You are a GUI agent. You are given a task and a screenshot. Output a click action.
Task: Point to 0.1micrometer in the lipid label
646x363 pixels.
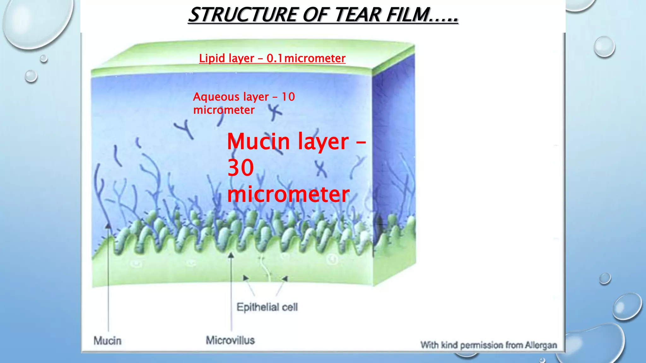pyautogui.click(x=306, y=58)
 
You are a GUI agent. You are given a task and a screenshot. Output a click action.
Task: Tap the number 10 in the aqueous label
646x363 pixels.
pyautogui.click(x=288, y=97)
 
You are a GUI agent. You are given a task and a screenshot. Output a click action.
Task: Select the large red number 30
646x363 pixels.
pyautogui.click(x=241, y=168)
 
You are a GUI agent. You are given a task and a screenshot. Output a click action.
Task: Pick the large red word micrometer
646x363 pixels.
pyautogui.click(x=288, y=194)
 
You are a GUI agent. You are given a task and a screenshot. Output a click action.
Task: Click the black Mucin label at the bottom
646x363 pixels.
pyautogui.click(x=107, y=341)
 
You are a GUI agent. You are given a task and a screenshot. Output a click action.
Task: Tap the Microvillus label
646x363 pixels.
pyautogui.click(x=230, y=340)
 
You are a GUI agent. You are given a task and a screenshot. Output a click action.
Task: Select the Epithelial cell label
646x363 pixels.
pyautogui.click(x=267, y=307)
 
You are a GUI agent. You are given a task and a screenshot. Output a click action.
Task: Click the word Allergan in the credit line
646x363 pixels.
pyautogui.click(x=541, y=345)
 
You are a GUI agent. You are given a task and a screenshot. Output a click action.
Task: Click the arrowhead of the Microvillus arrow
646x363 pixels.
pyautogui.click(x=231, y=255)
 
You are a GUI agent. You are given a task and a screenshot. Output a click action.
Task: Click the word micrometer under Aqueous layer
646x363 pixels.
pyautogui.click(x=224, y=110)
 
